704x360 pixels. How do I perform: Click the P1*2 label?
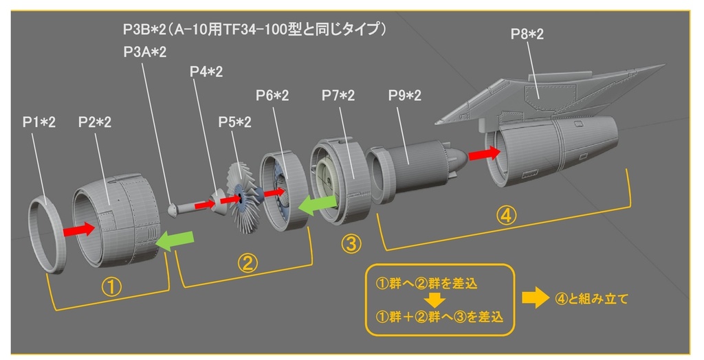point(38,122)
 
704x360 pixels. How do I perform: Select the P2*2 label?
point(95,122)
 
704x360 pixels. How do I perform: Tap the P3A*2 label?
point(145,52)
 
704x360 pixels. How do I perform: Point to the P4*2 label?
point(206,71)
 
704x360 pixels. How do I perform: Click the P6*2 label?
point(272,95)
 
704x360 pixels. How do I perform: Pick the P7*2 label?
point(338,95)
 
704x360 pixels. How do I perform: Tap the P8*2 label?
point(527,34)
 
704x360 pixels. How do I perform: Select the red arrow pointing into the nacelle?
point(485,153)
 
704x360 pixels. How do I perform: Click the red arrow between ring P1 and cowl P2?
point(78,229)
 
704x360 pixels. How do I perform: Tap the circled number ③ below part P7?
point(350,243)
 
